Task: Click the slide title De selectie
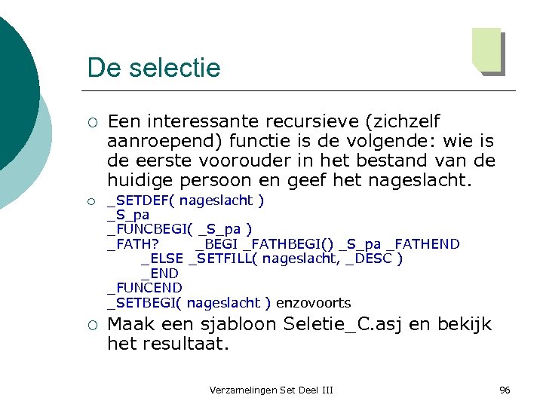[x=153, y=68]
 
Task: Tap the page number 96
[x=505, y=390]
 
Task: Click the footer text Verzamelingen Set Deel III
[x=271, y=390]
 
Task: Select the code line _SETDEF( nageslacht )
[x=186, y=200]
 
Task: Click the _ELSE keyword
[x=162, y=259]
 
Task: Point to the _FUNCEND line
[x=145, y=288]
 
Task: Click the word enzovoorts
[x=313, y=303]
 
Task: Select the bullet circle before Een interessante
[x=90, y=122]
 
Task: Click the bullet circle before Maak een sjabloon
[x=90, y=326]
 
